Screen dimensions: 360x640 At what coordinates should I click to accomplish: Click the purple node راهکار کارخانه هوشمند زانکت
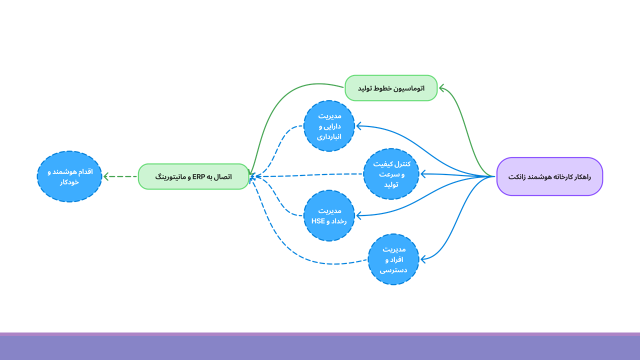549,176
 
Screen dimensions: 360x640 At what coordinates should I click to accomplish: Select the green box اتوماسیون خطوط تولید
391,88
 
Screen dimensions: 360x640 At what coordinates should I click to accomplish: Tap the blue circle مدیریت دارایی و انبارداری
329,125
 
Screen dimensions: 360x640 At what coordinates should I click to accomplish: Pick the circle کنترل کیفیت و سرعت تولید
391,174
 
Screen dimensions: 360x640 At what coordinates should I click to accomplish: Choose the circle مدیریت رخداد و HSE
329,215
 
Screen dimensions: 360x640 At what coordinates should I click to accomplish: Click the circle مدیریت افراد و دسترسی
393,259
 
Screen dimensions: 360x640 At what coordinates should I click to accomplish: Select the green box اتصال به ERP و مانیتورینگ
193,176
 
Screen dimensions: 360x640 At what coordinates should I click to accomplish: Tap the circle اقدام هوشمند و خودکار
69,176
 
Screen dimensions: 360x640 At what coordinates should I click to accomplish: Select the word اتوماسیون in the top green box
409,88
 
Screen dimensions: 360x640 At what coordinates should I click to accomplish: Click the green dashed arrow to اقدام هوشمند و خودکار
120,176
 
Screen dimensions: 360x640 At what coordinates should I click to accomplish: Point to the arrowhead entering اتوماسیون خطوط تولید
441,88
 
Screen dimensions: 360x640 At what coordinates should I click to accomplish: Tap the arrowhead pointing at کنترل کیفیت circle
423,174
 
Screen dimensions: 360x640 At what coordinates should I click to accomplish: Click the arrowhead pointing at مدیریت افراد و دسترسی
423,259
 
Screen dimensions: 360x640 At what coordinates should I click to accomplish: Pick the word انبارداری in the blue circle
329,136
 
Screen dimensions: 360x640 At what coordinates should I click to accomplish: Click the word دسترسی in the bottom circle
393,270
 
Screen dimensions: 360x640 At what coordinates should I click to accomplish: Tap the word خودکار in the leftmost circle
69,182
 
